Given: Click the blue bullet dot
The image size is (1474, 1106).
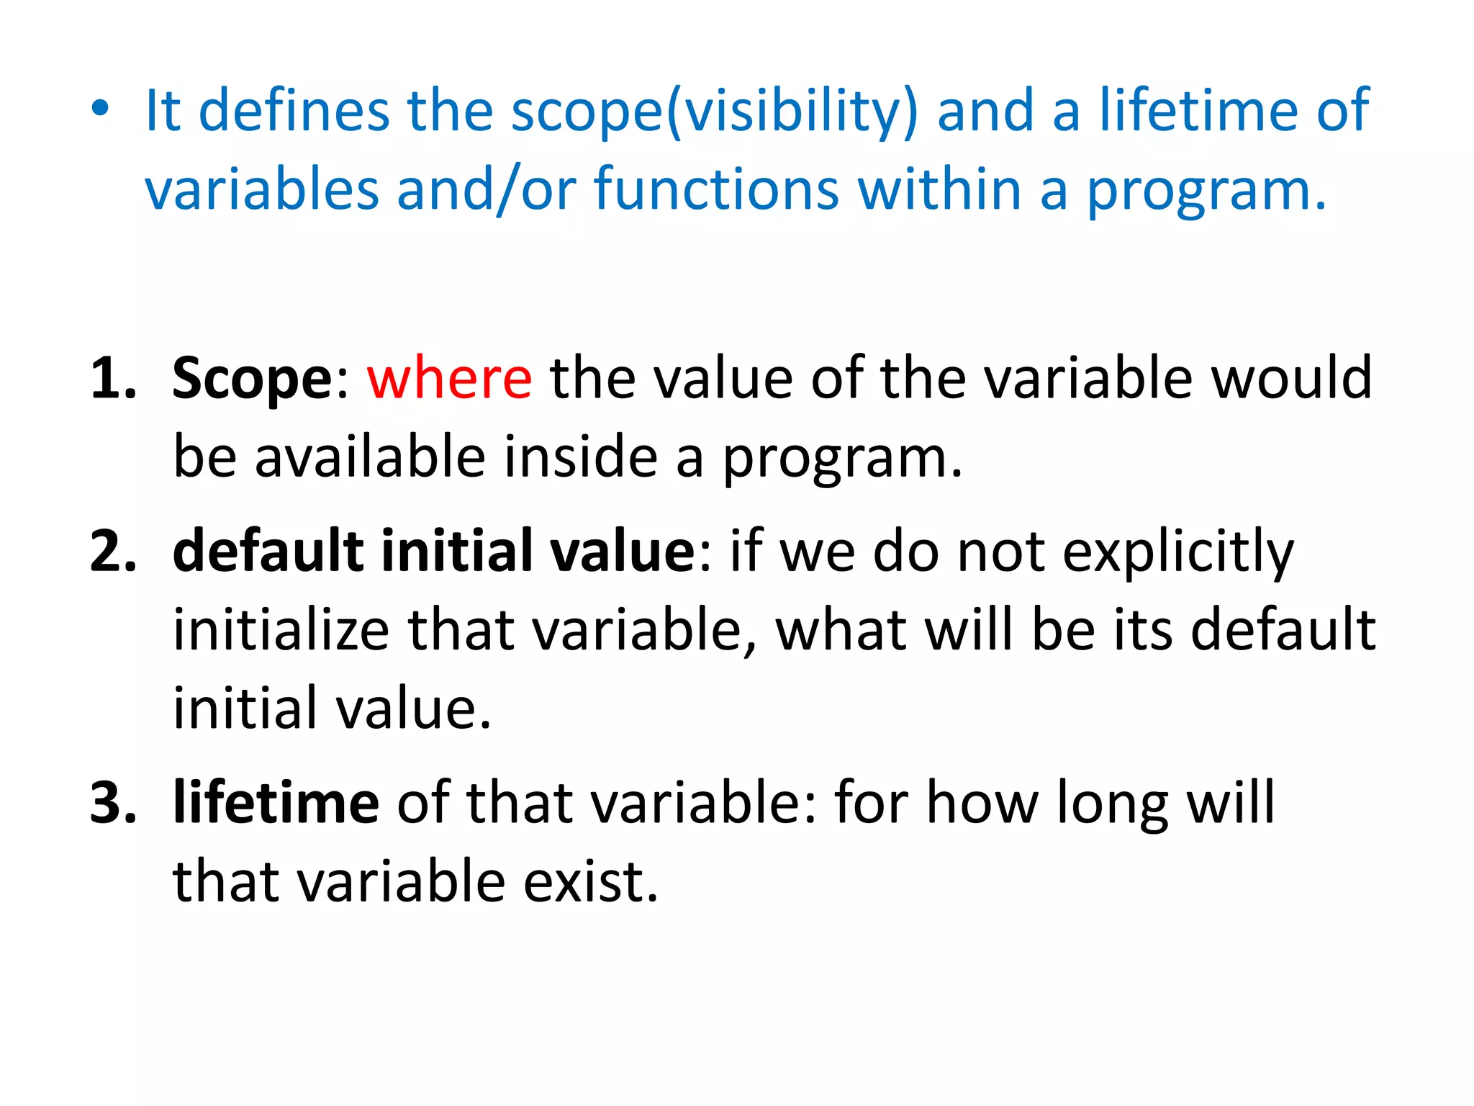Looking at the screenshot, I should point(100,109).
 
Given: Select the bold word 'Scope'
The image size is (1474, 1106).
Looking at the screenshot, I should point(251,379).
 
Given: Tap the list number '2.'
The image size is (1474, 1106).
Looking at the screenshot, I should point(114,551).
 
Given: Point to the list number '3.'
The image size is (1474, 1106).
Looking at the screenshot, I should point(114,802).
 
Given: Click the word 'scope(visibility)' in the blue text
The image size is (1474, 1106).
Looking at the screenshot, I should point(715,112).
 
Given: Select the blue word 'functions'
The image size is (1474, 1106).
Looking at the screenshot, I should point(716,190).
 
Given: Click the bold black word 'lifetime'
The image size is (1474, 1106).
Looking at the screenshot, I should point(276,802).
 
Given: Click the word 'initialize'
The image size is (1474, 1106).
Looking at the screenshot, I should point(281,630).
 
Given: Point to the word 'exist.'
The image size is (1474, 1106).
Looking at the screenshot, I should point(590,881).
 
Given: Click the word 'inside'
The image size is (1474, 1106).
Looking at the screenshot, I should point(580,457).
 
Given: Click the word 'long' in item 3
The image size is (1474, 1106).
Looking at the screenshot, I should point(1112,804).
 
